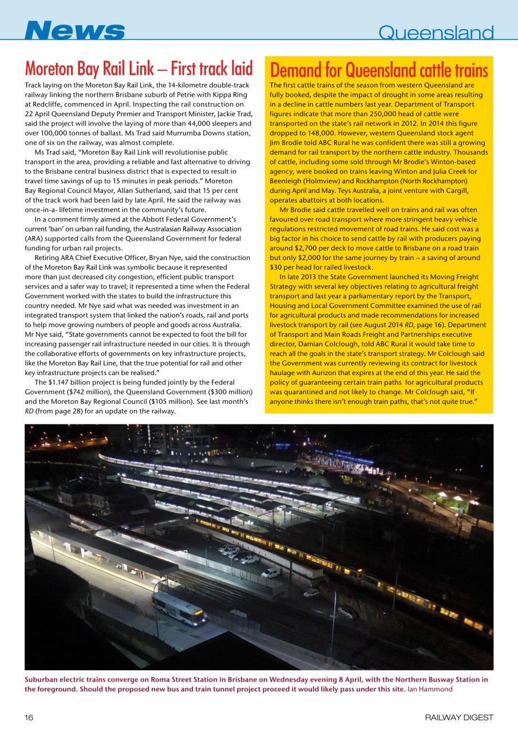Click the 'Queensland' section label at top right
[436, 33]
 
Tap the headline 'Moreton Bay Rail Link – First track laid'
[139, 69]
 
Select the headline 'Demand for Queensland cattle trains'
[378, 70]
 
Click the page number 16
[29, 717]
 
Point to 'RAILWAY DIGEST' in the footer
[458, 717]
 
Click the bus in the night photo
[179, 608]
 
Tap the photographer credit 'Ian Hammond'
[430, 689]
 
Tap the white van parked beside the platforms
[271, 572]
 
